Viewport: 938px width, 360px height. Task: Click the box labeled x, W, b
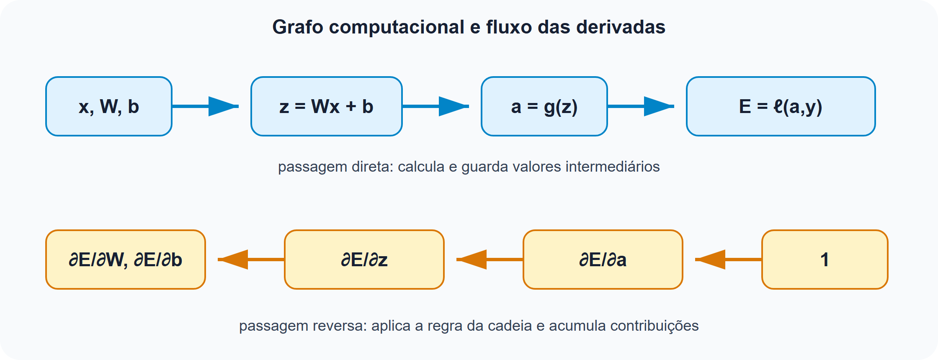pyautogui.click(x=109, y=106)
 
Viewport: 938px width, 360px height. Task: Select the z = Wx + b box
pyautogui.click(x=327, y=106)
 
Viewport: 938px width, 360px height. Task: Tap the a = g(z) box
pyautogui.click(x=544, y=106)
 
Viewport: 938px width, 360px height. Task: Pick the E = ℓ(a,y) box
pyautogui.click(x=781, y=106)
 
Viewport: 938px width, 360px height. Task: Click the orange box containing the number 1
pyautogui.click(x=825, y=260)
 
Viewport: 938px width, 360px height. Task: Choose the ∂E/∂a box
pyautogui.click(x=603, y=260)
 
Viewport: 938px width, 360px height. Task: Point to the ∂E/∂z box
pyautogui.click(x=364, y=260)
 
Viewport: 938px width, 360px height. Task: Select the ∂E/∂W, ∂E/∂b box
pyautogui.click(x=126, y=260)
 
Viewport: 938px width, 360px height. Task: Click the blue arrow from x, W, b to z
pyautogui.click(x=205, y=106)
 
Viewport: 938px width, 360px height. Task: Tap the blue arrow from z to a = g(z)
pyautogui.click(x=435, y=106)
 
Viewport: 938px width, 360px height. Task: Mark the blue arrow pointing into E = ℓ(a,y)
pyautogui.click(x=641, y=106)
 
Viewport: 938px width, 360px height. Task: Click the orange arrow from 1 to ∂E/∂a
pyautogui.click(x=729, y=260)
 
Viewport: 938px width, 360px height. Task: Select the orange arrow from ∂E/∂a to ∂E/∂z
pyautogui.click(x=490, y=260)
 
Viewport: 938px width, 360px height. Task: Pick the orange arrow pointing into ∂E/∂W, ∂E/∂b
pyautogui.click(x=251, y=260)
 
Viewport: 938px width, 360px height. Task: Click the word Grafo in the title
pyautogui.click(x=298, y=27)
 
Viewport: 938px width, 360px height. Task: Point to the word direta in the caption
pyautogui.click(x=372, y=167)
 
